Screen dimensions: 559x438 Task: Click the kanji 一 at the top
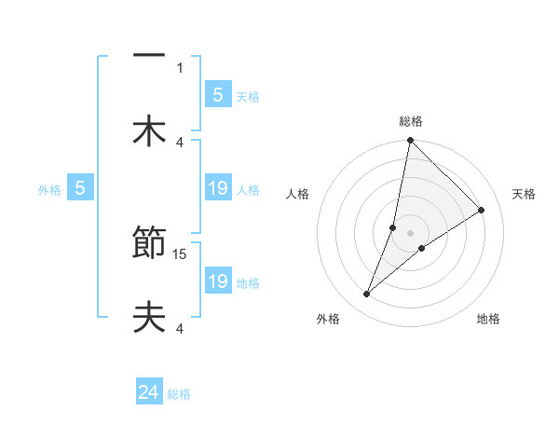click(149, 57)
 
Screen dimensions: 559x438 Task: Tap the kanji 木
click(149, 130)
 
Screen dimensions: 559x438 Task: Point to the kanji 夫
click(149, 318)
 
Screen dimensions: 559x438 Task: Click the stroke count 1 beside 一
click(180, 67)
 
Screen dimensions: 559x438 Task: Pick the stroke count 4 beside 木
click(180, 142)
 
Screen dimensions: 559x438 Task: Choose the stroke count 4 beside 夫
click(180, 328)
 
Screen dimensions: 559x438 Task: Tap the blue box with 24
click(149, 393)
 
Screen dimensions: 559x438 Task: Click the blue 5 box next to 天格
click(217, 94)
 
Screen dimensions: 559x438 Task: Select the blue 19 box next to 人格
click(217, 188)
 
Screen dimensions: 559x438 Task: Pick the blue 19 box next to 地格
click(217, 281)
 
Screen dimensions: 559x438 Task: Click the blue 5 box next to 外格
click(80, 188)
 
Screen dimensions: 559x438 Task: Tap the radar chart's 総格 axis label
click(411, 121)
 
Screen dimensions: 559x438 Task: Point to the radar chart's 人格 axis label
click(298, 194)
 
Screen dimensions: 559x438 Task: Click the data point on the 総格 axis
click(410, 141)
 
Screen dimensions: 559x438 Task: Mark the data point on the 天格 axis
click(482, 210)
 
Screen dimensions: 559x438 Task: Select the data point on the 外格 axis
click(367, 294)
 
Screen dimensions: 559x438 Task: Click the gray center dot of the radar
click(410, 233)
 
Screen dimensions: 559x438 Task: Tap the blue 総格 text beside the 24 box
click(179, 394)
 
